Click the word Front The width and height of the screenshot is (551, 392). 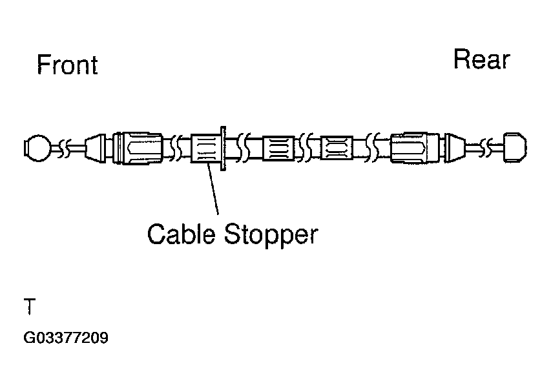(x=67, y=65)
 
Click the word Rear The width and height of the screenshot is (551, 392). (x=481, y=59)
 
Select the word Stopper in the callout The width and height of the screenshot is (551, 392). (x=271, y=234)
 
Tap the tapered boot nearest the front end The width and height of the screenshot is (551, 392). (x=96, y=148)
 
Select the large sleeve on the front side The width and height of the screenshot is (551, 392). (x=138, y=148)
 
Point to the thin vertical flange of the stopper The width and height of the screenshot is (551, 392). (x=223, y=149)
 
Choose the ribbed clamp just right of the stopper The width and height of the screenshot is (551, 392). (x=278, y=149)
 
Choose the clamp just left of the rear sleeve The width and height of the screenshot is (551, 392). (x=337, y=149)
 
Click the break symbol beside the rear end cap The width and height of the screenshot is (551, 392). (x=494, y=149)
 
